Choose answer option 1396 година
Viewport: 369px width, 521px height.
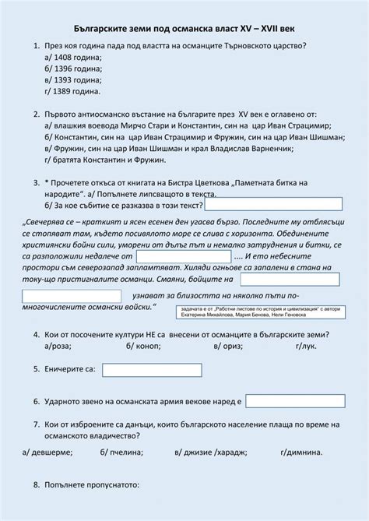coord(74,69)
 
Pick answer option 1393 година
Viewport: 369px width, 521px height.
coord(74,79)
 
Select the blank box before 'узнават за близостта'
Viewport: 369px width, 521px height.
coord(71,296)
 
